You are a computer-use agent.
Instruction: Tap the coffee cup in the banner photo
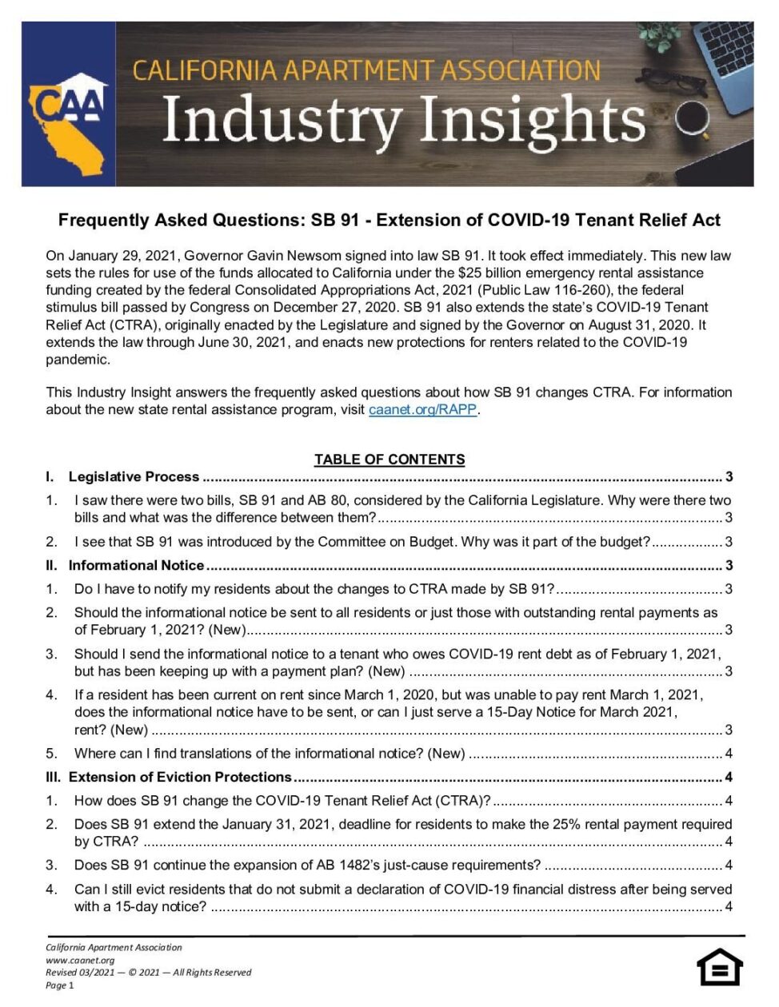693,119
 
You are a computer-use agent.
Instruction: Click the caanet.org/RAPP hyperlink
423,410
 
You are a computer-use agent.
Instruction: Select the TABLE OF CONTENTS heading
389,460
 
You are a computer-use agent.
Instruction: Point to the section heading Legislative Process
134,477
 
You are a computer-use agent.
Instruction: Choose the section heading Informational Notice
136,566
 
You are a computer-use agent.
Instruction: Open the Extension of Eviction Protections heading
180,777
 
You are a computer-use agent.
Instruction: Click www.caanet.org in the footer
80,960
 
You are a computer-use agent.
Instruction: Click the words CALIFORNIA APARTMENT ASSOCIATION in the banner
366,70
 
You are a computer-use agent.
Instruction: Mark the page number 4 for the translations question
728,754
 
